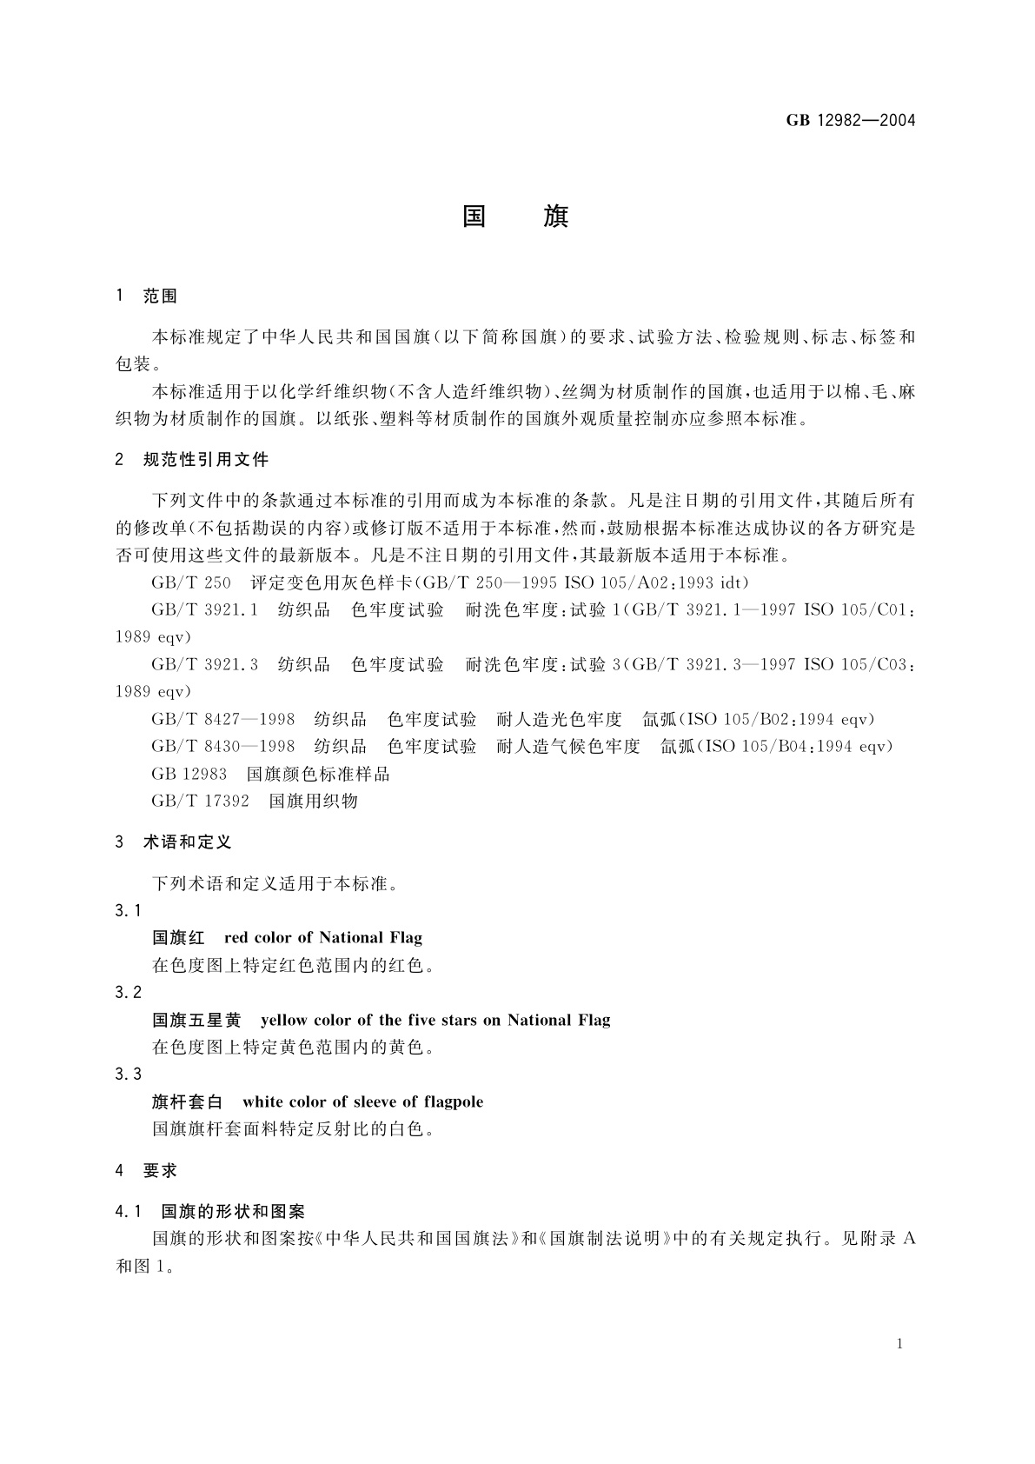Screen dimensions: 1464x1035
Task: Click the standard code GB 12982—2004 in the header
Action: [x=851, y=121]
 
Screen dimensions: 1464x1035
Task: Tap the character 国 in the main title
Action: [x=474, y=216]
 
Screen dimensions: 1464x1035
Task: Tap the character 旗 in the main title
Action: [x=556, y=216]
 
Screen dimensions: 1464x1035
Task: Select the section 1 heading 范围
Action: [x=160, y=296]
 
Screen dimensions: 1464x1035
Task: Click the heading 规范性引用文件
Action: [x=206, y=459]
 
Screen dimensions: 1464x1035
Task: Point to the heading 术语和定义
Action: [x=187, y=842]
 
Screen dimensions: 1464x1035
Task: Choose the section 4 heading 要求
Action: [x=160, y=1171]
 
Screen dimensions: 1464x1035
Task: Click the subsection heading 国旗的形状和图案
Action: [x=233, y=1211]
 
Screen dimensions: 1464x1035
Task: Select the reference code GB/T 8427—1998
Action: [x=223, y=719]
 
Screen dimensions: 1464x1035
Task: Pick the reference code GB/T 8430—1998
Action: [x=223, y=746]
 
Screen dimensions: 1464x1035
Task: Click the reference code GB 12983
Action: [x=189, y=774]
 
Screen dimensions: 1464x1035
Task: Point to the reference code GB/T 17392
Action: [x=200, y=801]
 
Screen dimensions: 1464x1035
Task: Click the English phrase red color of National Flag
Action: [x=323, y=937]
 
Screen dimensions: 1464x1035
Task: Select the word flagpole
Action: [x=454, y=1102]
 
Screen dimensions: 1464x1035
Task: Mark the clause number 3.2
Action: [x=128, y=993]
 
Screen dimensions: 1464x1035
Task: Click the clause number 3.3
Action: [x=128, y=1075]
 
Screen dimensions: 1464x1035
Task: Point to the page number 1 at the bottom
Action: [x=899, y=1344]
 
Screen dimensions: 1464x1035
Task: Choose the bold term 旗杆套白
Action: [x=188, y=1102]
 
